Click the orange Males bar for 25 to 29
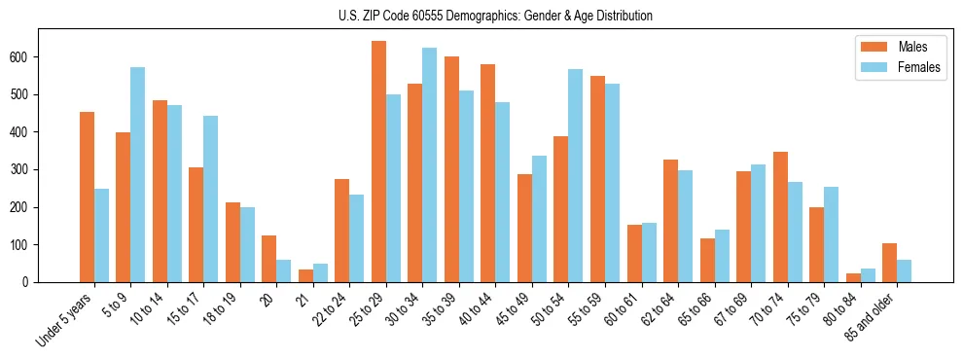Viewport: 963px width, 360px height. (378, 162)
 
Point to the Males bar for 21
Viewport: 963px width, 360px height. (305, 275)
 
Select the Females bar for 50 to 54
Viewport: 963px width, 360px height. (576, 176)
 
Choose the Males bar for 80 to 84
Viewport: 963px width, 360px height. (853, 277)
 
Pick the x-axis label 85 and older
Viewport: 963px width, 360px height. (872, 317)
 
